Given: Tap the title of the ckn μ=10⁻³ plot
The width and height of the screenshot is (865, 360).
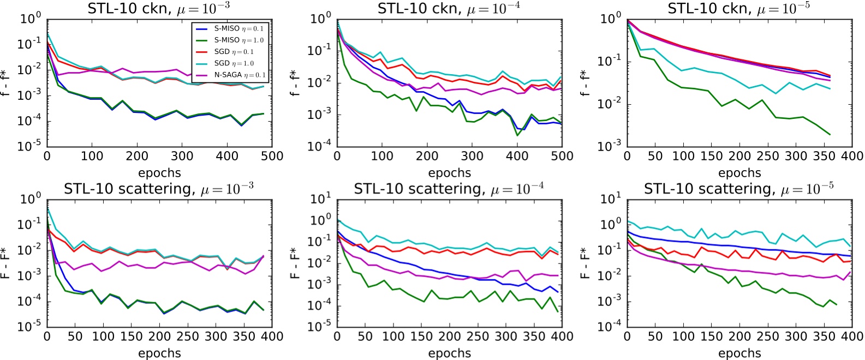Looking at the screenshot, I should (159, 8).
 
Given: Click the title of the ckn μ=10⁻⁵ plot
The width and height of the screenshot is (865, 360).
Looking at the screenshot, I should (739, 8).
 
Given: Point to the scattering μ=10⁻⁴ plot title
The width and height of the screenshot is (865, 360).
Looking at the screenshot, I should (449, 189).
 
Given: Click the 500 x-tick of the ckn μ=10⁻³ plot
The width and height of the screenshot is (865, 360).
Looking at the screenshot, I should (272, 156).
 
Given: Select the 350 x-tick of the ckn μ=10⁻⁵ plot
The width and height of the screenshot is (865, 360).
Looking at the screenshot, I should (824, 156).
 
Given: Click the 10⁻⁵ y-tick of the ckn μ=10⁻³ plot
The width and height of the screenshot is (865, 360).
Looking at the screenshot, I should (30, 146).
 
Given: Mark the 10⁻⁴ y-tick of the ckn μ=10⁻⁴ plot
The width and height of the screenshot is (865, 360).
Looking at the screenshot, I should (320, 146).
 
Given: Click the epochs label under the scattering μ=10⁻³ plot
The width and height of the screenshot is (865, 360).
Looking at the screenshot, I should (159, 353).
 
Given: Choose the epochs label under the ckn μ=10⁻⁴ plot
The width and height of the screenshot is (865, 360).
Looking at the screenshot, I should (449, 173).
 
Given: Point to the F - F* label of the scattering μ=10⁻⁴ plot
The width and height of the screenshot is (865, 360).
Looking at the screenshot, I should (296, 263).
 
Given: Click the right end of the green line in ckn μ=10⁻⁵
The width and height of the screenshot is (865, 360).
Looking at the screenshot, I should (830, 134).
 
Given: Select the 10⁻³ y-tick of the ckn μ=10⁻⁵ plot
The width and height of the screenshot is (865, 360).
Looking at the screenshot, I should (611, 146).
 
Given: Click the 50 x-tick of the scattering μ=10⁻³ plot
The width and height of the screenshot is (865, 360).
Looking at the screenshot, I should (75, 336).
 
